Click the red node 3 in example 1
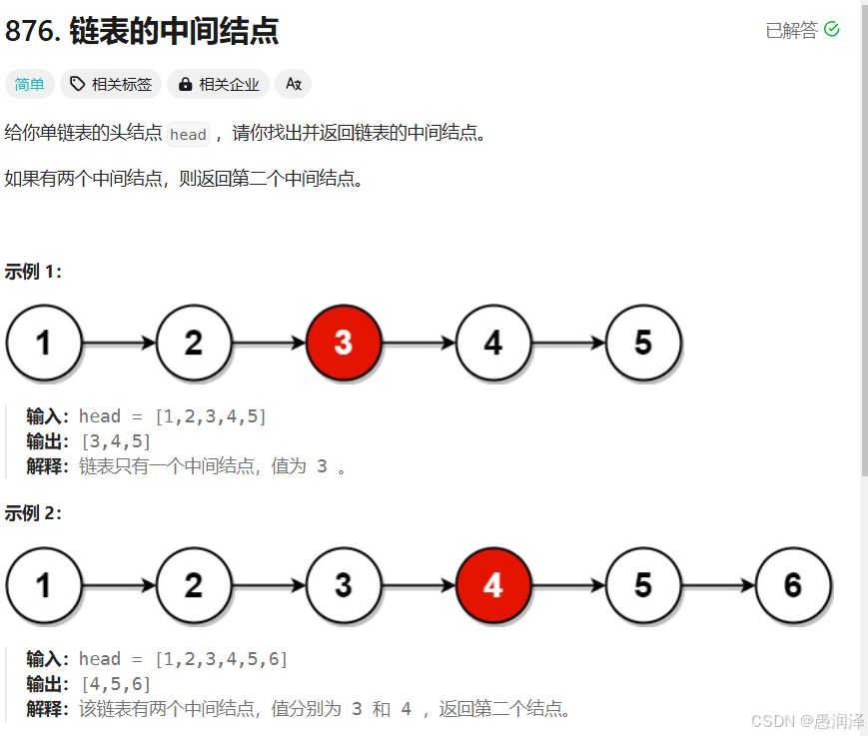(344, 343)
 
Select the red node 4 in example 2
(493, 585)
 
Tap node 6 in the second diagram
(793, 585)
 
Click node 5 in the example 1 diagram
(643, 343)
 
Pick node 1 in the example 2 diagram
(44, 585)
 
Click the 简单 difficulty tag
(30, 85)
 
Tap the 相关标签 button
(111, 85)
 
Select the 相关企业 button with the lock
(218, 85)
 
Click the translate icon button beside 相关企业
(294, 85)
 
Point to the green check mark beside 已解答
(831, 30)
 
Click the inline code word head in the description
(188, 135)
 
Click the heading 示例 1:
(33, 272)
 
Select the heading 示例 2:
(33, 513)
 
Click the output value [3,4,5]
(116, 441)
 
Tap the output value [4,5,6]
(116, 684)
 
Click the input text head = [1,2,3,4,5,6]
(184, 659)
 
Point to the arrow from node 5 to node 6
(718, 585)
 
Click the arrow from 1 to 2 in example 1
(119, 343)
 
